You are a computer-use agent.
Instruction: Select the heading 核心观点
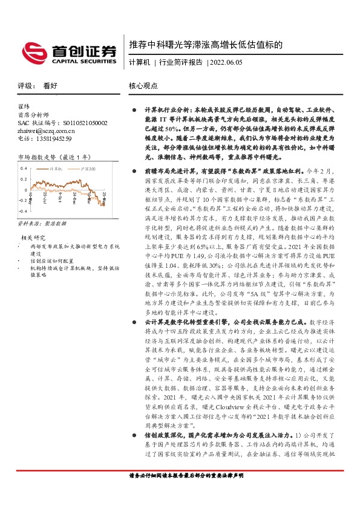(x=143, y=86)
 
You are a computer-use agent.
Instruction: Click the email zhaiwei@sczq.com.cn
(x=46, y=130)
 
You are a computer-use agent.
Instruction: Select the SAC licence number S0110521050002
(x=80, y=122)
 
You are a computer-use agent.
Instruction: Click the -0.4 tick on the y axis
(x=22, y=212)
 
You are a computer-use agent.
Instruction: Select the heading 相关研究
(x=36, y=238)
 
